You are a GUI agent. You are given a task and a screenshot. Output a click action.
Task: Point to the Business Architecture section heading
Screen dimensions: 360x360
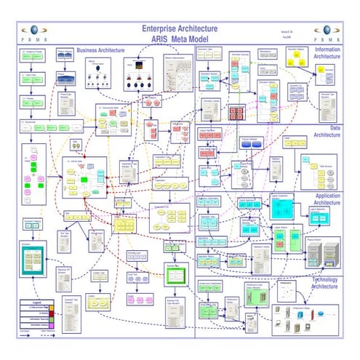[x=101, y=51]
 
